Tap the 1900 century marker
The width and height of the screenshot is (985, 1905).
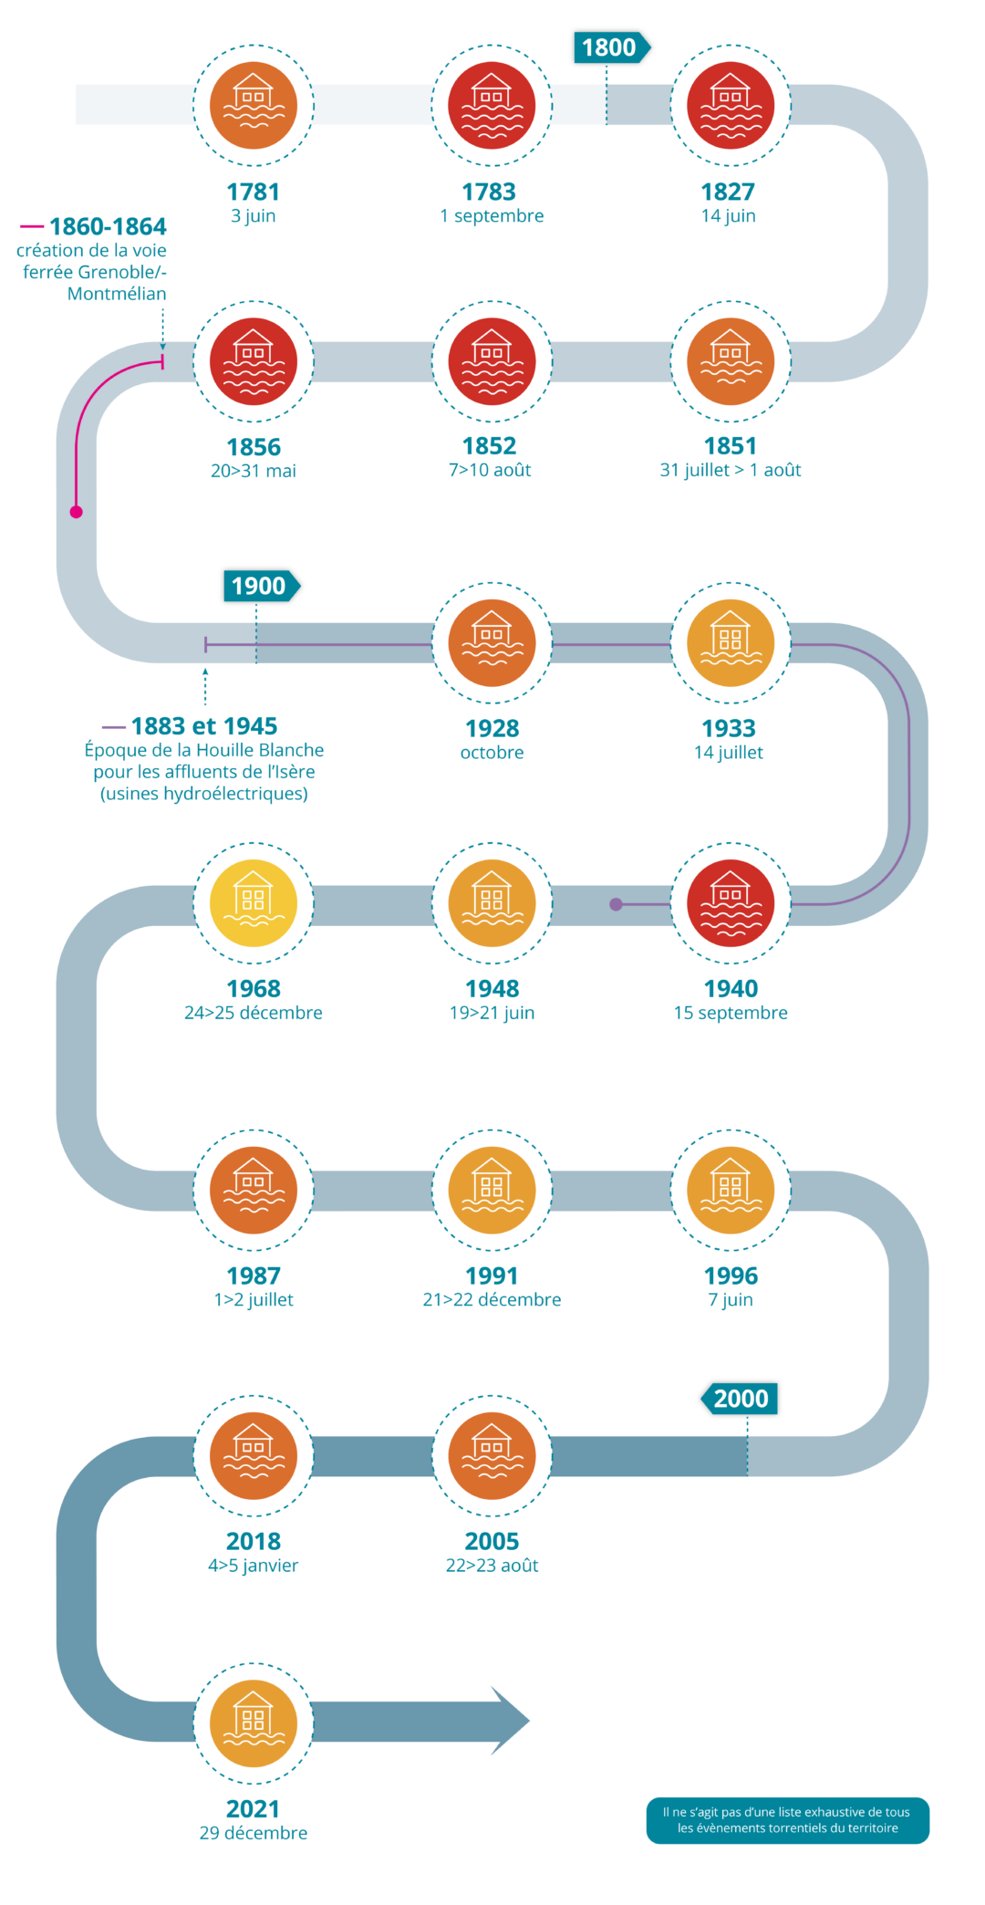(260, 586)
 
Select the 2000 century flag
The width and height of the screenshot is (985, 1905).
(740, 1399)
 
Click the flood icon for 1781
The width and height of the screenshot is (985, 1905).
(254, 106)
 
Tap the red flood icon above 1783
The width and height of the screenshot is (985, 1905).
(492, 106)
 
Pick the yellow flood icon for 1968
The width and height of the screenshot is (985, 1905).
(254, 902)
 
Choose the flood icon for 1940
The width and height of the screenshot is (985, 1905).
(731, 902)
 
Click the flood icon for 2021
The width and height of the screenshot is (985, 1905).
(254, 1723)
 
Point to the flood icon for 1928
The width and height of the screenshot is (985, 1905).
(492, 643)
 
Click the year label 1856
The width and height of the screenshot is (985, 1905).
(254, 447)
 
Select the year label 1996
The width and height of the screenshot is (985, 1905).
(731, 1275)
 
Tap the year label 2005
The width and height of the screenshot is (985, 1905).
(492, 1541)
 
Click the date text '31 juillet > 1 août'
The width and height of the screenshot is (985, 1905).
(731, 471)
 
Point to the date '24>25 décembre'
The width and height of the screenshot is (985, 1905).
(254, 1013)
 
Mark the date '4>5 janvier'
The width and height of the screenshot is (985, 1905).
(254, 1566)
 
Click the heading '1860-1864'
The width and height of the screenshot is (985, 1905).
(107, 226)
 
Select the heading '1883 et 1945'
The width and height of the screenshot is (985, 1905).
(203, 726)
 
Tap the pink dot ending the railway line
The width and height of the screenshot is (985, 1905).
(77, 512)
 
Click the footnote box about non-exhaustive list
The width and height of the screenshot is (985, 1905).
(787, 1820)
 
